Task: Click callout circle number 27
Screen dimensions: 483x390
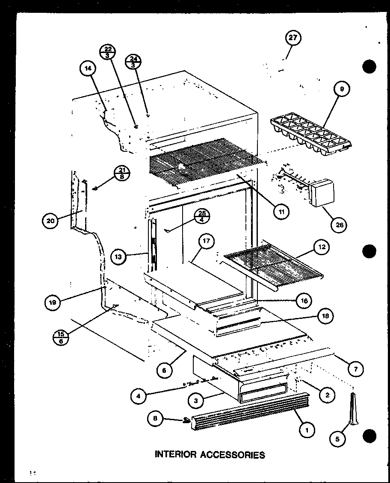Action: [x=293, y=39]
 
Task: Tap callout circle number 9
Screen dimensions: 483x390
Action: [x=342, y=89]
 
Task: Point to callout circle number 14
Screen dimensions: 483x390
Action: [x=88, y=68]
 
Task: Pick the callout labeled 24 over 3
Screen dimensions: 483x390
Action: [x=133, y=62]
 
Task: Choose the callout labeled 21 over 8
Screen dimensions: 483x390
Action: [x=122, y=174]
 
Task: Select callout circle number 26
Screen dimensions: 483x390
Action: [x=340, y=225]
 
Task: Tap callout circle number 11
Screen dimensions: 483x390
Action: [x=282, y=211]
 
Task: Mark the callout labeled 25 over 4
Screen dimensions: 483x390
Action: [x=202, y=217]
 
